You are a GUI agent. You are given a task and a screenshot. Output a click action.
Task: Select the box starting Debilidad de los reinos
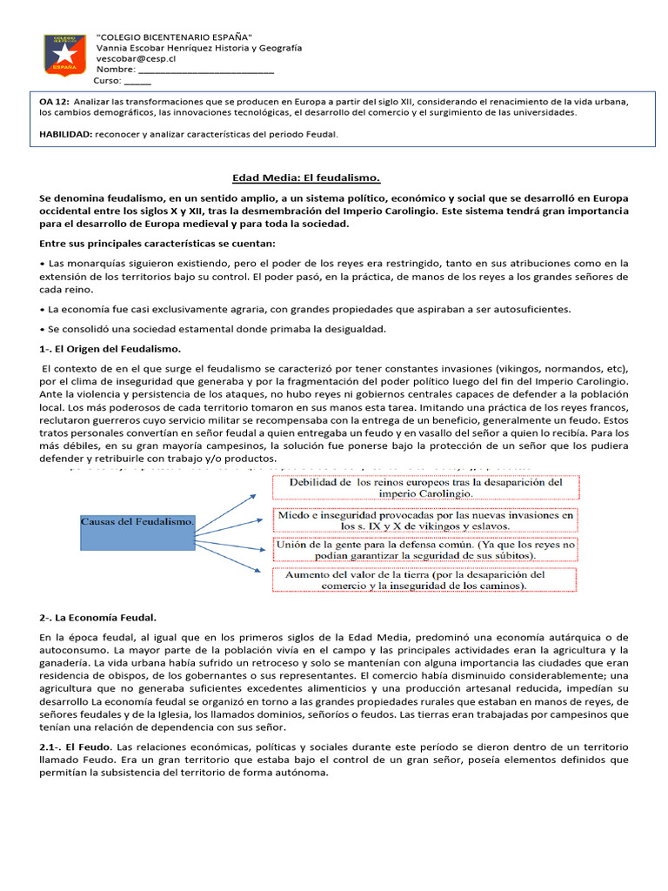425,487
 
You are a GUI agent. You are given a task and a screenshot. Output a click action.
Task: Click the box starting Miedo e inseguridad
425,520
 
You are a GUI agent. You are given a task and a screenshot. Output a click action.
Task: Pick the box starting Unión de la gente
425,550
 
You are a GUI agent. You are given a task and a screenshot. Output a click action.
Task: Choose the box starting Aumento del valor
425,580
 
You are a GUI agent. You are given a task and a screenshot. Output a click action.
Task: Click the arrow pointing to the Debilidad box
232,500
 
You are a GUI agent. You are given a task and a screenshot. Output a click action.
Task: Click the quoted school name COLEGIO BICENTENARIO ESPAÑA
175,37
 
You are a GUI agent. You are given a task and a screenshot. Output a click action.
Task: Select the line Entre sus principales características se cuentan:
157,243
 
